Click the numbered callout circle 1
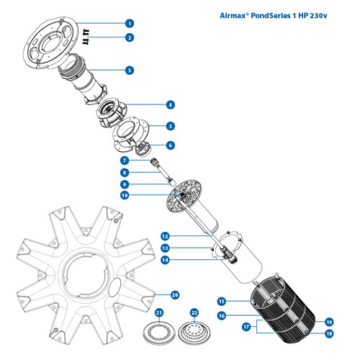(x=130, y=23)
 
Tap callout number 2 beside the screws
(x=130, y=37)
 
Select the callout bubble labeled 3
(x=130, y=71)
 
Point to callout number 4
(x=170, y=104)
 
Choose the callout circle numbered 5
(x=170, y=126)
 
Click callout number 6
(x=170, y=145)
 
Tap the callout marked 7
(x=125, y=160)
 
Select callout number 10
(x=125, y=195)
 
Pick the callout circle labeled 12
(x=165, y=235)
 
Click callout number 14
(x=165, y=260)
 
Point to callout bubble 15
(x=222, y=301)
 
